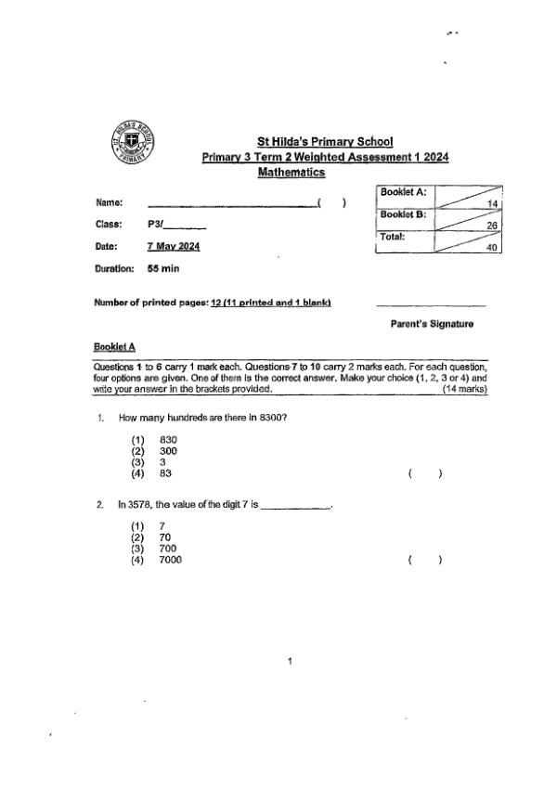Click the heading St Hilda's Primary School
pos(325,142)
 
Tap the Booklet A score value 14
pos(493,203)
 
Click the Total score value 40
pos(493,248)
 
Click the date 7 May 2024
pos(173,246)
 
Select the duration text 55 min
pos(163,268)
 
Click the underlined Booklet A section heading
pos(115,346)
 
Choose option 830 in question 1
pos(168,440)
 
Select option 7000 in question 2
pos(171,560)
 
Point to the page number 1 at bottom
pos(291,662)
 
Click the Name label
pos(109,202)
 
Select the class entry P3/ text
pos(156,225)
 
